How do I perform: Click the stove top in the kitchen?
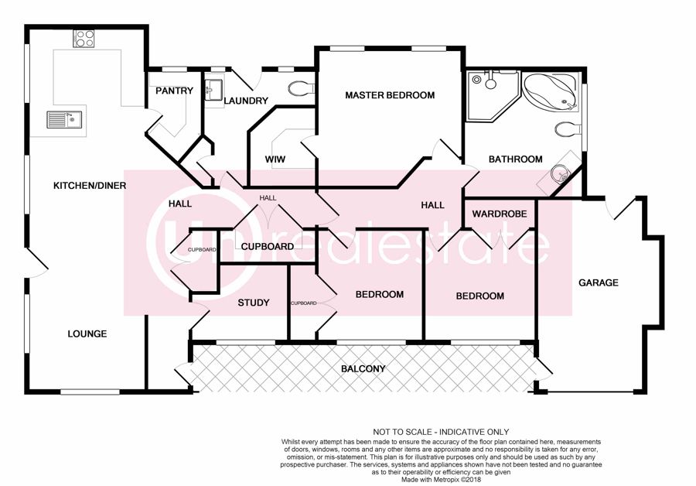tap(84, 38)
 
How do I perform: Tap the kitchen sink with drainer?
tap(64, 119)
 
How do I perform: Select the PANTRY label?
tap(175, 91)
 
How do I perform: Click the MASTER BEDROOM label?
tap(390, 95)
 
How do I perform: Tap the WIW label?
tap(275, 159)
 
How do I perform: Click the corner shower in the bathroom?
tap(492, 95)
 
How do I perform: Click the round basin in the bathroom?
tap(558, 173)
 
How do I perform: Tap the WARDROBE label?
tap(500, 214)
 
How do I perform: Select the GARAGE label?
tap(599, 282)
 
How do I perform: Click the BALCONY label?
tap(363, 368)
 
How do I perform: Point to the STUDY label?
tap(254, 303)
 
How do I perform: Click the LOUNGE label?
tap(87, 334)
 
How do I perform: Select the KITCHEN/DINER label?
tap(90, 186)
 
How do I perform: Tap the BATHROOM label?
tap(515, 159)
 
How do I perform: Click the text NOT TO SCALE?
tap(401, 432)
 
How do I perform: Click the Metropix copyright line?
tap(442, 480)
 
